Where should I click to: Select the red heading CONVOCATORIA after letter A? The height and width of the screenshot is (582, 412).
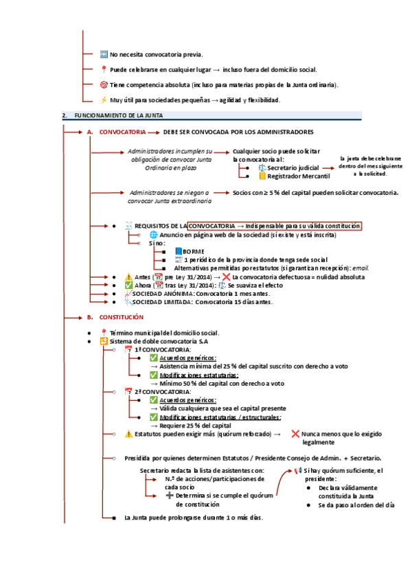point(122,132)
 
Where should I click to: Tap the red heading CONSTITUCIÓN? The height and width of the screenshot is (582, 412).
point(122,317)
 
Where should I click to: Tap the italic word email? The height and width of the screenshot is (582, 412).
point(361,268)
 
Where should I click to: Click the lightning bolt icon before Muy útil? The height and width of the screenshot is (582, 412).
point(104,100)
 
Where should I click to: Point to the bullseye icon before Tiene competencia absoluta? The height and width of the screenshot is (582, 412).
point(104,84)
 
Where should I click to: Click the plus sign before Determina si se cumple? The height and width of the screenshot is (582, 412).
point(170,495)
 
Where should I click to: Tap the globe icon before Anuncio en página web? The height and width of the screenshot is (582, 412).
point(153,235)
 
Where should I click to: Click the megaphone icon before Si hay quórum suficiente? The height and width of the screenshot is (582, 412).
point(298,470)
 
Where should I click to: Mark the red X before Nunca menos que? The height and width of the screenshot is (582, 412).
point(295,434)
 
